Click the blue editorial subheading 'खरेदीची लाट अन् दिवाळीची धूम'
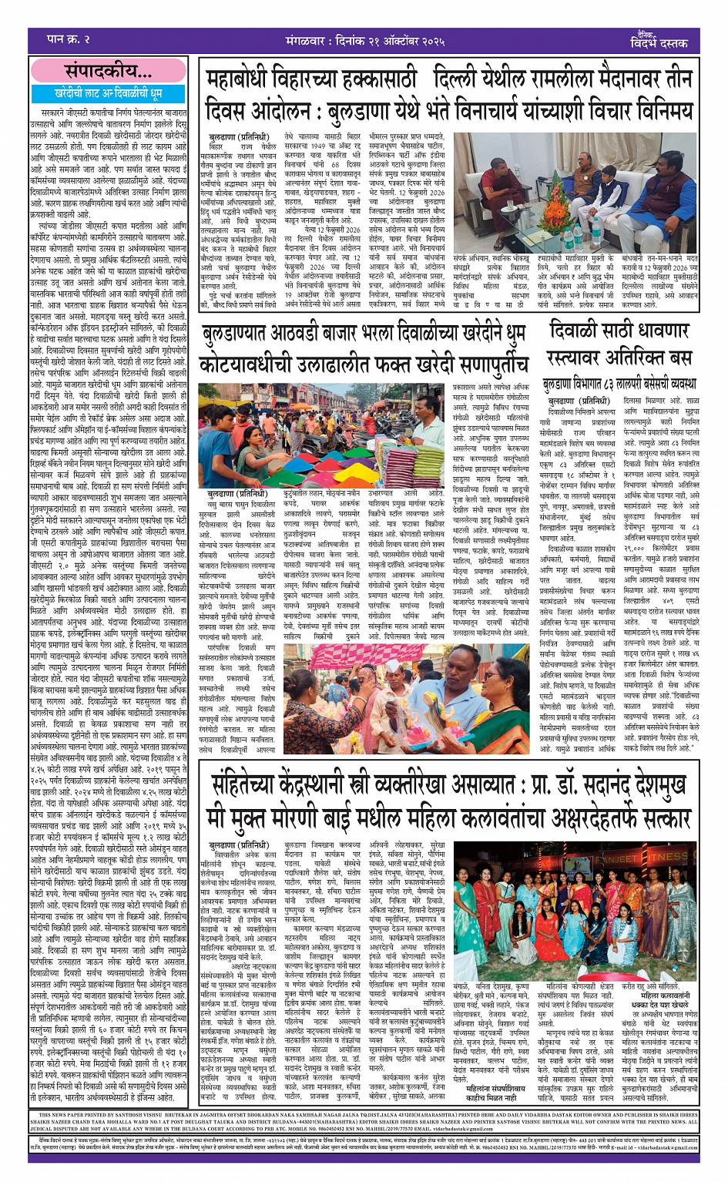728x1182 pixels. coord(109,94)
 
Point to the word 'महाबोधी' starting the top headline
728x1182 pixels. coord(248,81)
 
